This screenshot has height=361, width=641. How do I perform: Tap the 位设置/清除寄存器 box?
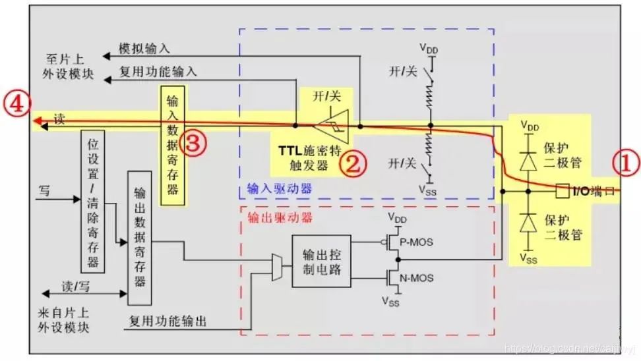pyautogui.click(x=93, y=200)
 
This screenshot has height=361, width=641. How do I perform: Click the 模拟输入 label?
pyautogui.click(x=144, y=49)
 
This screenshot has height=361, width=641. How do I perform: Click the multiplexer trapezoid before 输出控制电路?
pyautogui.click(x=277, y=268)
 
